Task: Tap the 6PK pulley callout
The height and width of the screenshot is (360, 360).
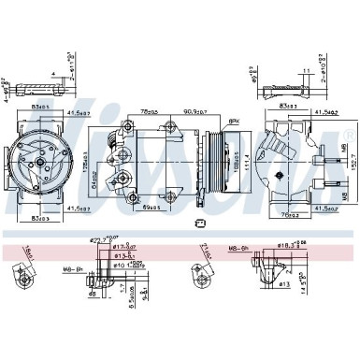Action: coord(233,122)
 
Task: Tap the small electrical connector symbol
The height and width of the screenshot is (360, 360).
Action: coord(200,222)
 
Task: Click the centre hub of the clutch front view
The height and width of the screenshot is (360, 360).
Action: coord(42,161)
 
